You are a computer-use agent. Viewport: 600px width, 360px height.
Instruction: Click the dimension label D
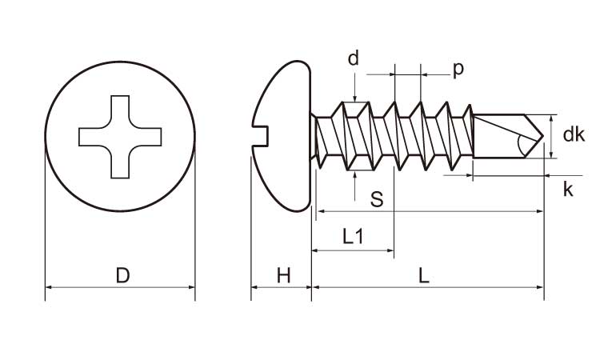(122, 276)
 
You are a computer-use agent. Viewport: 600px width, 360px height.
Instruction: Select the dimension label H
(283, 276)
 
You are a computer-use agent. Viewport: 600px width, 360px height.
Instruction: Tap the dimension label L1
(353, 236)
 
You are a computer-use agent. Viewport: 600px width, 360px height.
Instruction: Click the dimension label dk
(574, 134)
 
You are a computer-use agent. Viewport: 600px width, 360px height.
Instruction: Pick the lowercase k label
(568, 190)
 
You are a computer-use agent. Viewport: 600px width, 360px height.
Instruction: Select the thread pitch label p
(458, 69)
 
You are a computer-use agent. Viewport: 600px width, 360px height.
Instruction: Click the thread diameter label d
(353, 58)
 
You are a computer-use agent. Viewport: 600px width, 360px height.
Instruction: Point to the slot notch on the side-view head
(260, 124)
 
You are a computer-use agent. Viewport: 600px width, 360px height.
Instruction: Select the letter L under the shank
(424, 276)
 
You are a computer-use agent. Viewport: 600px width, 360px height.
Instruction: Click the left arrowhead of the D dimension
(49, 286)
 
